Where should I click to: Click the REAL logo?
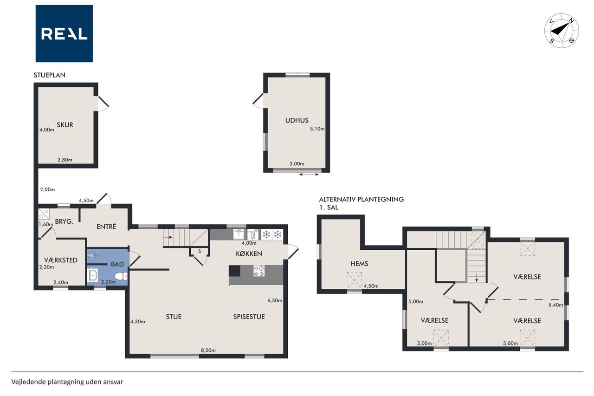tap(64, 34)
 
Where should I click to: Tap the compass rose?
tap(562, 31)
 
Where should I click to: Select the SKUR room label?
tap(65, 125)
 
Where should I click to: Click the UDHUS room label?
tap(297, 120)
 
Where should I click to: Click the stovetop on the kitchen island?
tap(259, 271)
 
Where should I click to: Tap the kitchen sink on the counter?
tap(239, 234)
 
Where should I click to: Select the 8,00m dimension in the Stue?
tap(208, 350)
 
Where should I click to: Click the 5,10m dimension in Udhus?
tap(317, 129)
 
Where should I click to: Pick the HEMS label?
tap(359, 264)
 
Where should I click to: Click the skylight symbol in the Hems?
tap(354, 280)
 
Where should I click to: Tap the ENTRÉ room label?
tap(106, 227)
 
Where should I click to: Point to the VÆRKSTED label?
tap(61, 260)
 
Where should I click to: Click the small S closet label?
tap(200, 251)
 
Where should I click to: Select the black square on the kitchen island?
tap(234, 271)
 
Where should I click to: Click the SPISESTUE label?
tap(249, 317)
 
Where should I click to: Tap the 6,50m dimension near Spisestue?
tap(275, 300)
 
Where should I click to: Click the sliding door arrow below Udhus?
tap(309, 175)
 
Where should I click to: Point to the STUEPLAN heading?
tap(49, 75)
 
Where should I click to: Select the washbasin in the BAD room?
tap(92, 275)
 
